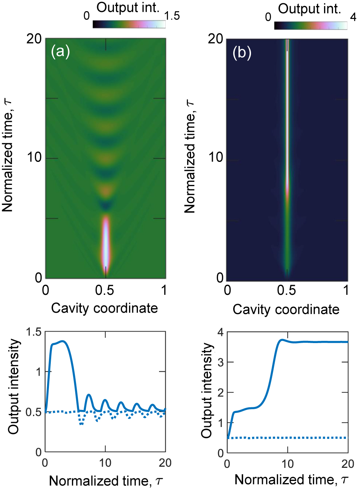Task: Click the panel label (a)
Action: (60, 51)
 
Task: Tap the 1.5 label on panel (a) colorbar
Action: (172, 16)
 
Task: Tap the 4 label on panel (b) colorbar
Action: (353, 17)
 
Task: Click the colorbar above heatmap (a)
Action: (129, 24)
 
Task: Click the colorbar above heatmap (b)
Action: (310, 25)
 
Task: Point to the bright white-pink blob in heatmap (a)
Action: (106, 241)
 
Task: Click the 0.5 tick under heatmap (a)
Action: (105, 290)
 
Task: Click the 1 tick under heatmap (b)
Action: (346, 290)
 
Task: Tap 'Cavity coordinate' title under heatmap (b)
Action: (286, 309)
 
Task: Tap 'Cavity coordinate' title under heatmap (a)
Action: (104, 308)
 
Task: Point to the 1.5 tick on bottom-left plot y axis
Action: (34, 332)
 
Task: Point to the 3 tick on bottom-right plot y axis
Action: (221, 362)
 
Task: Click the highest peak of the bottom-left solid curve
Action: (62, 341)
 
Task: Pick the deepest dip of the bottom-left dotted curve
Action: (81, 424)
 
